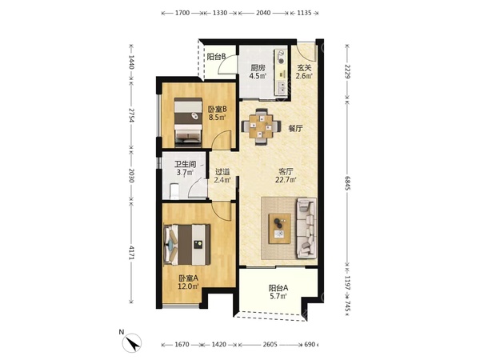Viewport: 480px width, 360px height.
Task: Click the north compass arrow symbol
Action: coord(132,343)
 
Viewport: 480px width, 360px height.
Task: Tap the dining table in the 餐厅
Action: coord(261,126)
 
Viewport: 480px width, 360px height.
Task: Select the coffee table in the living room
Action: coord(279,229)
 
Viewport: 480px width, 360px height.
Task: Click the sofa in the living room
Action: coord(306,228)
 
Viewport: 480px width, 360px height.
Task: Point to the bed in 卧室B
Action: coord(188,122)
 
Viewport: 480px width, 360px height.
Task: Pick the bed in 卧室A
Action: coord(187,245)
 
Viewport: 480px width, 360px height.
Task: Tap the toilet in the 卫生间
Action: coord(174,191)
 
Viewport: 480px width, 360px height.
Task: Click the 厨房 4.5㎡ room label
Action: coord(257,72)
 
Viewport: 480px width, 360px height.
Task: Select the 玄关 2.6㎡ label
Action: coord(304,72)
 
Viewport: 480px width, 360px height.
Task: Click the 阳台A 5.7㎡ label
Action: coord(278,292)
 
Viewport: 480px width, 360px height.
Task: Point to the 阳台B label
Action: coord(217,57)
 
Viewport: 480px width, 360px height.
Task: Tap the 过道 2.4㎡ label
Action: coord(222,176)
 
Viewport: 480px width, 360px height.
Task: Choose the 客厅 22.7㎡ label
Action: coord(286,175)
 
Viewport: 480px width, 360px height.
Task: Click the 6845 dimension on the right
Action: coord(347,182)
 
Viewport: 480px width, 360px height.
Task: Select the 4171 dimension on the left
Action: coord(131,253)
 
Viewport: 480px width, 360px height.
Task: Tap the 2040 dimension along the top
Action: coord(263,13)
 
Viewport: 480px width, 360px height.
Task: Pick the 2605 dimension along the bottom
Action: coord(270,345)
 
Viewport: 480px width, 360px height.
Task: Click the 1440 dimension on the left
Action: coord(131,62)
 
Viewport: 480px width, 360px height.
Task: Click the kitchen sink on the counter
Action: coord(282,87)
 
